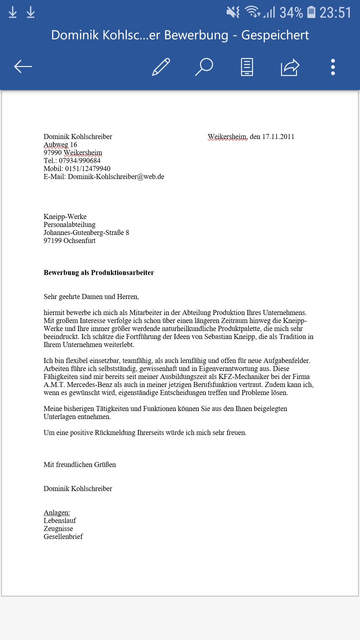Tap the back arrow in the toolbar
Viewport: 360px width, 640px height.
23,67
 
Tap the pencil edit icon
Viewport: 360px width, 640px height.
161,67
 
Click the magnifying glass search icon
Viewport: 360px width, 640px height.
204,67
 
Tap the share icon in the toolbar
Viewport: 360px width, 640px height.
290,67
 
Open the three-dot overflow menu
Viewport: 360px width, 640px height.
333,67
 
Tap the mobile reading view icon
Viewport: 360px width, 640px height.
247,67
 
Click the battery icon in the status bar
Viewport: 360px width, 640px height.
311,12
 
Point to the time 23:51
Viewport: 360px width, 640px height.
335,13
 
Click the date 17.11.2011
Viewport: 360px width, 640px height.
278,137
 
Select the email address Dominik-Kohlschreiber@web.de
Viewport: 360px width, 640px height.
116,177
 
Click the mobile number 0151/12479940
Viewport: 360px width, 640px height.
88,169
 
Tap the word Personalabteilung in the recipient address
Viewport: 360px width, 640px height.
69,225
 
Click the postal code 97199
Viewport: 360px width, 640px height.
52,241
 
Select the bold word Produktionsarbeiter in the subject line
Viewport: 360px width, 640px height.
122,273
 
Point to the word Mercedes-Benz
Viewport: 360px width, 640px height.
90,385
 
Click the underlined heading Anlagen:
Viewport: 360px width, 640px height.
57,513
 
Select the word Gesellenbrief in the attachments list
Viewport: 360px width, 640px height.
63,537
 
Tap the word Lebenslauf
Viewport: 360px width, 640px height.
60,521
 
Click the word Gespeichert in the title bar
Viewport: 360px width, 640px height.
275,35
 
